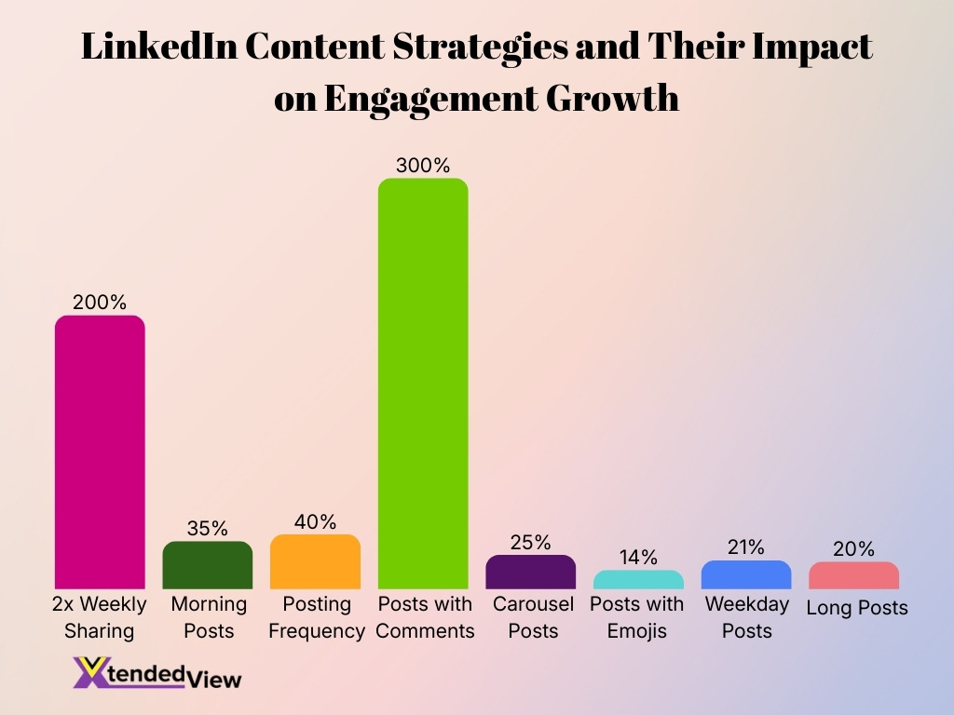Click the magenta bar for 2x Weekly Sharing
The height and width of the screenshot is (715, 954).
point(100,452)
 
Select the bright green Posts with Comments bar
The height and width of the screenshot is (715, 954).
point(423,384)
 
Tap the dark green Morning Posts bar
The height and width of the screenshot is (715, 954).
point(208,565)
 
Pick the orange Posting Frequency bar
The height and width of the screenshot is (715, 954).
point(315,561)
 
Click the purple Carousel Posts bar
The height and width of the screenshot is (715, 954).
point(531,572)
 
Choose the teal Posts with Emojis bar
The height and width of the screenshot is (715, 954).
point(638,579)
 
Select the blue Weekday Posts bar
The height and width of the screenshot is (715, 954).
point(746,574)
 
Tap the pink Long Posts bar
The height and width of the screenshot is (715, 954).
point(853,575)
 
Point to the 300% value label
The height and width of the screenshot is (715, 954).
point(423,166)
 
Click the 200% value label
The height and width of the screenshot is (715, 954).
point(100,303)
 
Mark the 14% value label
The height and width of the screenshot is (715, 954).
point(638,558)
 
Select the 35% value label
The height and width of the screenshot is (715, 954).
point(207,529)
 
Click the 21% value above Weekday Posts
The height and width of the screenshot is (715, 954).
point(746,547)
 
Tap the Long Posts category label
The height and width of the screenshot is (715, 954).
point(856,609)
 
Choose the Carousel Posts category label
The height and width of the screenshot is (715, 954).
point(533,617)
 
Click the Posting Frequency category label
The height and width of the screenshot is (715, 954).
point(316,617)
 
